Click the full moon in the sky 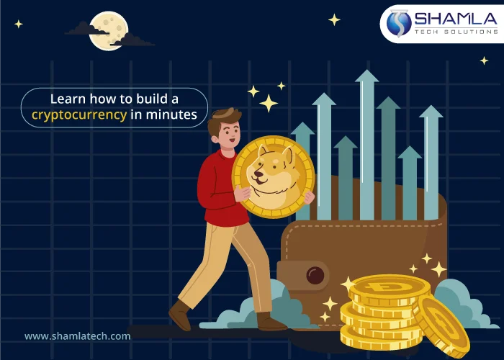(108, 30)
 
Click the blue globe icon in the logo (398, 23)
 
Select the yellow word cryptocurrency (79, 114)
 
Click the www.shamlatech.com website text (77, 336)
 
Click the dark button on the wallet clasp (315, 274)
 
